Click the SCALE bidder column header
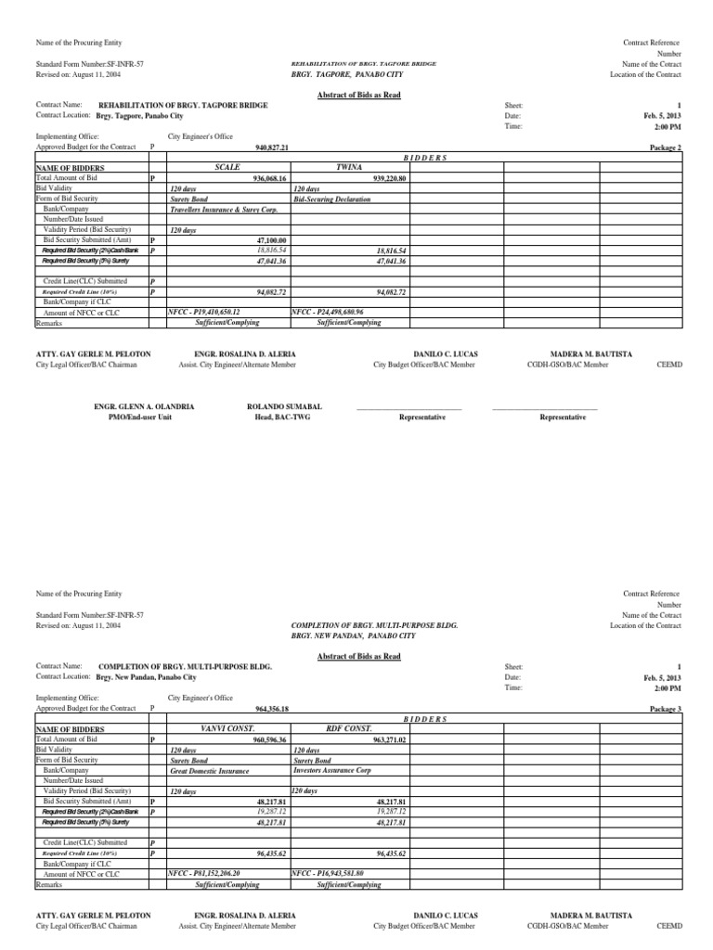[227, 167]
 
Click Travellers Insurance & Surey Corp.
[224, 209]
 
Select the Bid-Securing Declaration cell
[331, 199]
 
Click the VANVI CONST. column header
[227, 729]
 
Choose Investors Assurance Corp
[337, 770]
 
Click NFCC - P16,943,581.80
[328, 874]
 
